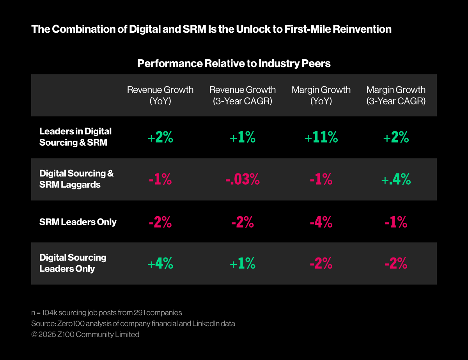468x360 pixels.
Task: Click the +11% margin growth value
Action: coord(321,138)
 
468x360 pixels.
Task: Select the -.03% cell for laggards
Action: coord(242,180)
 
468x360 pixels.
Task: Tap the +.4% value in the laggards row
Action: coord(396,180)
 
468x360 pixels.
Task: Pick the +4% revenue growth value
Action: coord(160,264)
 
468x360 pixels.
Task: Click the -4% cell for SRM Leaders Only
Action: coord(321,222)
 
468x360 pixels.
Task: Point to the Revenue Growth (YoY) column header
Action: coord(160,95)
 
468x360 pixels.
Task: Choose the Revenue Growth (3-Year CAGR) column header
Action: coord(243,95)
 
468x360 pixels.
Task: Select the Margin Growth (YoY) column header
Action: coord(321,95)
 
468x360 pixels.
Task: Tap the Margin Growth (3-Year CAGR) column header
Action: coord(396,95)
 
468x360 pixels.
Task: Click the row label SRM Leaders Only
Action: coord(78,222)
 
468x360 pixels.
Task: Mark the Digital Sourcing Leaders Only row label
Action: coord(73,263)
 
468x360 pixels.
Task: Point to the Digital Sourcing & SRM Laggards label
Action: coord(76,179)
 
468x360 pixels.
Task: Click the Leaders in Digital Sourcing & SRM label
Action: coord(75,137)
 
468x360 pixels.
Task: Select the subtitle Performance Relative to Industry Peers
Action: coord(234,64)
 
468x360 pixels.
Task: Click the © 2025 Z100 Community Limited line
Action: coord(85,334)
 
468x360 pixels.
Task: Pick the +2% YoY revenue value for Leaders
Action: coord(160,138)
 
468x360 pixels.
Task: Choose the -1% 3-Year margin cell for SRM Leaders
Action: coord(396,222)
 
